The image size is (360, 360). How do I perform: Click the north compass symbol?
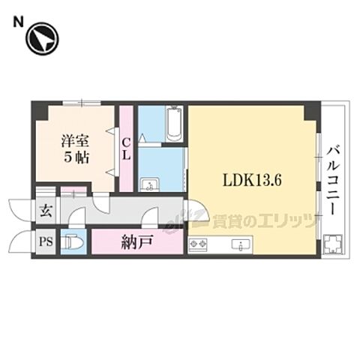(x=42, y=40)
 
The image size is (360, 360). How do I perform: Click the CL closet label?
(x=127, y=148)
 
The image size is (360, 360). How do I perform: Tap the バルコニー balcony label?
(x=331, y=180)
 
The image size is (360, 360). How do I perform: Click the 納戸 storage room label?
(x=136, y=241)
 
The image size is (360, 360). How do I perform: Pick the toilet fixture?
(x=73, y=242)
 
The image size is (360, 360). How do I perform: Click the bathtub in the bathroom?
(x=172, y=124)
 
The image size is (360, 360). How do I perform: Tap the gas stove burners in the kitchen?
(x=199, y=242)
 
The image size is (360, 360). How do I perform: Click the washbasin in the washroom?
(x=148, y=183)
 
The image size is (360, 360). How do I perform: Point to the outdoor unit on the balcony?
(x=332, y=244)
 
